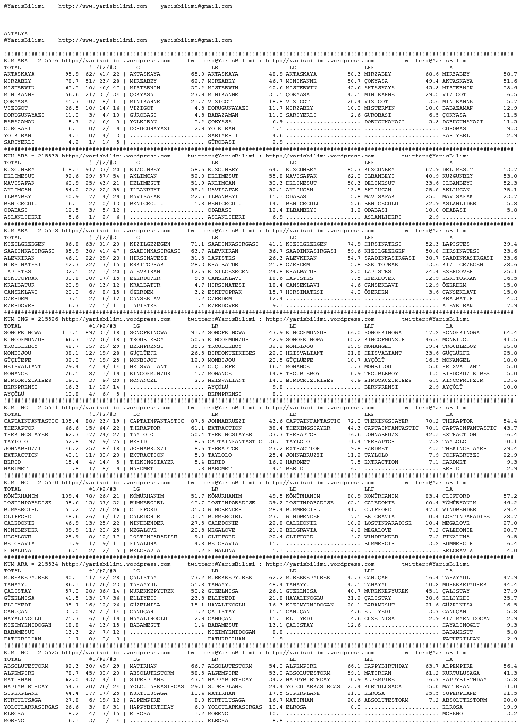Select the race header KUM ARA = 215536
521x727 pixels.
coord(31,61)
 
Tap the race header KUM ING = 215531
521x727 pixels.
coord(31,408)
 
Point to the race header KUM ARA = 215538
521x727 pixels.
coord(31,231)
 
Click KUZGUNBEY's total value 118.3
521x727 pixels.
coord(70,170)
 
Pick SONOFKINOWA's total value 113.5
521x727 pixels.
coord(70,333)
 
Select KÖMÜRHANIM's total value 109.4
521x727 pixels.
coord(70,496)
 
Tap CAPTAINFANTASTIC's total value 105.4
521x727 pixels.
coord(70,421)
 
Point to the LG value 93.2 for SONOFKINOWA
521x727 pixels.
coord(198,333)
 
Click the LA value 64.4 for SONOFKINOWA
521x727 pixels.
coord(510,333)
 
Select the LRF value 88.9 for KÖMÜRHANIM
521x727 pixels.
coord(354,496)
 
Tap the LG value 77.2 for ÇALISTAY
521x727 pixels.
coord(198,578)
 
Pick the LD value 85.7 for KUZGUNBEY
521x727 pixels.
coord(354,170)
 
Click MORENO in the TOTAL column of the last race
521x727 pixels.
coord(14,721)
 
